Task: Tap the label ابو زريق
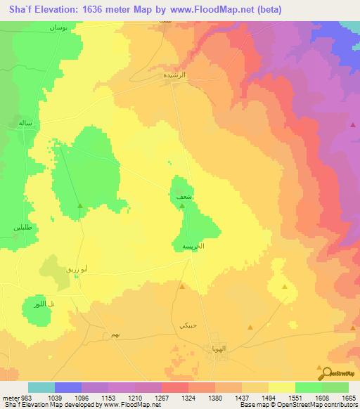point(75,269)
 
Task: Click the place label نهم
point(105,337)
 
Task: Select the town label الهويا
point(218,349)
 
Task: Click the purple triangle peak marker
point(353,124)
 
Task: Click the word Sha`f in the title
point(19,10)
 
